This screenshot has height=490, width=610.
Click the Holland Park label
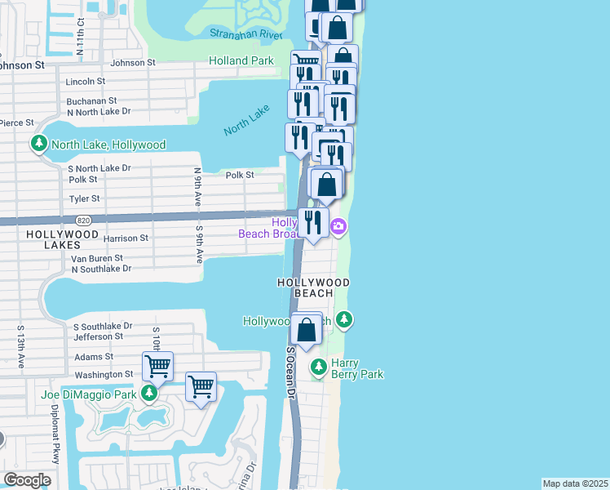point(241,60)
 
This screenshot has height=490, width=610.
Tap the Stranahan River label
point(245,33)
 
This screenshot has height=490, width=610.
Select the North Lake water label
point(246,120)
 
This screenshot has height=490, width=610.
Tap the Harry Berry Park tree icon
point(320,368)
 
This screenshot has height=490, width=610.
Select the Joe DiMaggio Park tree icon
point(148,394)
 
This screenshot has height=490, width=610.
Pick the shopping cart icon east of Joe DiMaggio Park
point(201,385)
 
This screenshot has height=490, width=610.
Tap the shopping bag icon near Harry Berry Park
point(307,330)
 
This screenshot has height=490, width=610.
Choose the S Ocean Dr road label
point(290,372)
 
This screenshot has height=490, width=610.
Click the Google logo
point(27,479)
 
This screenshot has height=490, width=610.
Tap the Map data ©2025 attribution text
point(575,483)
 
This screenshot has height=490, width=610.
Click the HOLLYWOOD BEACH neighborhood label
point(314,287)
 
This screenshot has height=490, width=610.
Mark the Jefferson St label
point(98,336)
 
